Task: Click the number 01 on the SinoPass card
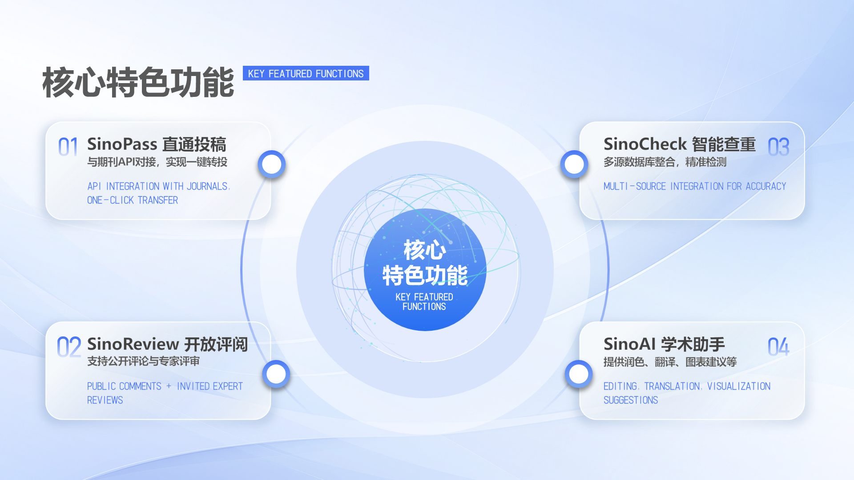pyautogui.click(x=68, y=147)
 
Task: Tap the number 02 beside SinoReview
pyautogui.click(x=69, y=347)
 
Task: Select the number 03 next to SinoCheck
pyautogui.click(x=778, y=147)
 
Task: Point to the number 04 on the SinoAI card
pyautogui.click(x=778, y=347)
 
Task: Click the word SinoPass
pyautogui.click(x=122, y=144)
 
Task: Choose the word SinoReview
pyautogui.click(x=133, y=344)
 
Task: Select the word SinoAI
pyautogui.click(x=629, y=344)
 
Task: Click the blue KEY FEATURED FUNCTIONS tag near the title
pyautogui.click(x=306, y=74)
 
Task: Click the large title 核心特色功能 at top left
pyautogui.click(x=138, y=83)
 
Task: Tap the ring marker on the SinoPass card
pyautogui.click(x=271, y=164)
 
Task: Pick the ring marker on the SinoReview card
pyautogui.click(x=276, y=374)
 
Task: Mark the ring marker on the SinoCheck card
pyautogui.click(x=574, y=164)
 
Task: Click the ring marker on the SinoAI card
pyautogui.click(x=578, y=374)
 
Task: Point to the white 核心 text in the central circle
pyautogui.click(x=424, y=250)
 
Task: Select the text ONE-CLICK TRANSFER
pyautogui.click(x=133, y=200)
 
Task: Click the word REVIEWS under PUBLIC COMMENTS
pyautogui.click(x=105, y=400)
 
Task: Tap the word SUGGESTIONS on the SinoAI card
pyautogui.click(x=630, y=400)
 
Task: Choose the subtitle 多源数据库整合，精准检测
pyautogui.click(x=665, y=162)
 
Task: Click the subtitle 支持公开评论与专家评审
pyautogui.click(x=143, y=361)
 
